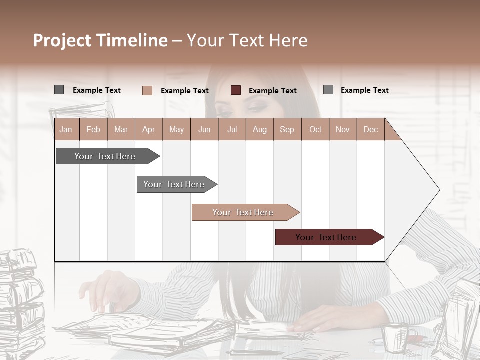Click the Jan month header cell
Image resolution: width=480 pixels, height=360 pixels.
pyautogui.click(x=66, y=129)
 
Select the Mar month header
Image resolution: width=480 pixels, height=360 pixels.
pyautogui.click(x=121, y=129)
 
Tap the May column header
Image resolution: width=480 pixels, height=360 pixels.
pyautogui.click(x=176, y=129)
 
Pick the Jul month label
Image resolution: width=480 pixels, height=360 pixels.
pyautogui.click(x=232, y=129)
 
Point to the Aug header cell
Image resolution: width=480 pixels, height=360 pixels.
pyautogui.click(x=259, y=129)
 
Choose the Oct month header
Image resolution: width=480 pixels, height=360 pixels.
pyautogui.click(x=315, y=129)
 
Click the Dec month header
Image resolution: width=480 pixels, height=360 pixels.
pyautogui.click(x=370, y=129)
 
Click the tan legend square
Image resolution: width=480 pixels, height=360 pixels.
pyautogui.click(x=147, y=90)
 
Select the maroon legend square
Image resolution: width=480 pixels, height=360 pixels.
pyautogui.click(x=236, y=90)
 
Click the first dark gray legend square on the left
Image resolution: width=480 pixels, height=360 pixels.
pyautogui.click(x=59, y=90)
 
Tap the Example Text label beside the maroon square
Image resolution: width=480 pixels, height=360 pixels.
pyautogui.click(x=273, y=91)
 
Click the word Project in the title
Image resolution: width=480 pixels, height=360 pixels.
pyautogui.click(x=62, y=40)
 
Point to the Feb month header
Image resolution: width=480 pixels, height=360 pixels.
pyautogui.click(x=93, y=129)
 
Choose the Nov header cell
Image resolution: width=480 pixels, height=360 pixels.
pyautogui.click(x=343, y=129)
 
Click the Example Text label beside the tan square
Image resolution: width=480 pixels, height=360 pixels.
pyautogui.click(x=185, y=91)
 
